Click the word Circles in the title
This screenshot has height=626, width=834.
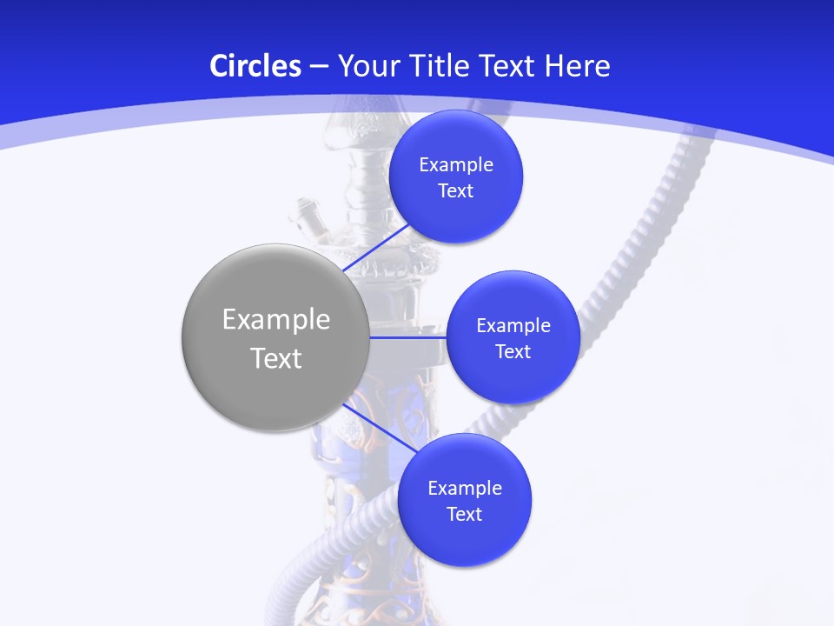(x=255, y=66)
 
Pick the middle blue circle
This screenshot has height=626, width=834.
(x=513, y=383)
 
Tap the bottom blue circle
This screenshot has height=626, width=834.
(x=464, y=543)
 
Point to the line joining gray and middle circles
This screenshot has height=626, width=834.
(x=407, y=337)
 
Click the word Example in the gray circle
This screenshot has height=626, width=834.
(x=276, y=320)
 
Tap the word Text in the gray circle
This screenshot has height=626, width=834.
(x=276, y=358)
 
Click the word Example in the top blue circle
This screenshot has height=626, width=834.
(x=456, y=165)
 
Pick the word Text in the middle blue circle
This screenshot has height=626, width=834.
(x=513, y=352)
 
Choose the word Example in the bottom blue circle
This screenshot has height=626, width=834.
(x=464, y=489)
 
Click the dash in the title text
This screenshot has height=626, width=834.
(x=319, y=66)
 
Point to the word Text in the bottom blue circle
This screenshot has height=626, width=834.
(x=464, y=515)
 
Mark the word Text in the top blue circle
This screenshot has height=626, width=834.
(x=456, y=191)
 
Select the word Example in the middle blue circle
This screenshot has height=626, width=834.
(x=513, y=326)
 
